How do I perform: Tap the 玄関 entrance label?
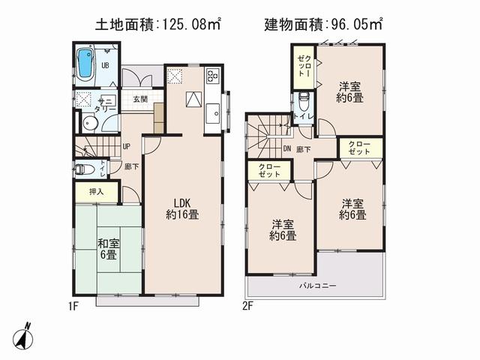pyautogui.click(x=140, y=99)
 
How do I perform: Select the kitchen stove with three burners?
pyautogui.click(x=212, y=77)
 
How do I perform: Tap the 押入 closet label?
pyautogui.click(x=97, y=192)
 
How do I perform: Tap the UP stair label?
pyautogui.click(x=126, y=147)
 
